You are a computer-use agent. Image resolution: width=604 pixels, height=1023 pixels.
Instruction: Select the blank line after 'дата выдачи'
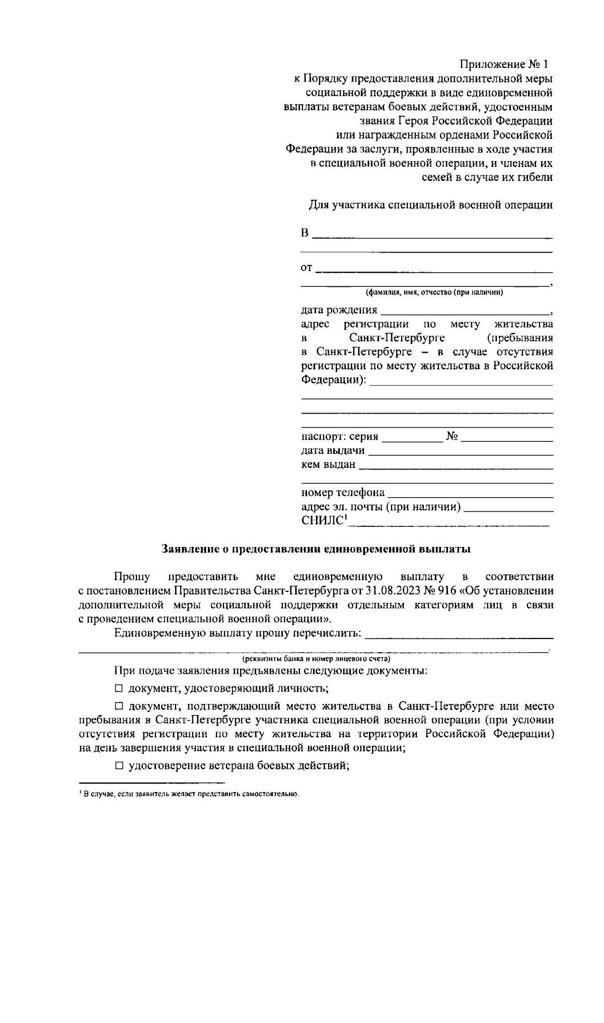coord(461,451)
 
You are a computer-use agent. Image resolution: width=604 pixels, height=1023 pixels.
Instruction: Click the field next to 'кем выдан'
coord(456,465)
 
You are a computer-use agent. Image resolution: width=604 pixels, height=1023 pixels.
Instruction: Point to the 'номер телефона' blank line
coord(471,494)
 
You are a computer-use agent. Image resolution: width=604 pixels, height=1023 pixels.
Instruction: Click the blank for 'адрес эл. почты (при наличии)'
coord(508,508)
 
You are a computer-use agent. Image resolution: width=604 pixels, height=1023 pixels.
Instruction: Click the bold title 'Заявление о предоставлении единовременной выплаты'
coord(316,549)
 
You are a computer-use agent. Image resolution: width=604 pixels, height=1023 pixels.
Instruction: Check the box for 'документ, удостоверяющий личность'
coord(119,688)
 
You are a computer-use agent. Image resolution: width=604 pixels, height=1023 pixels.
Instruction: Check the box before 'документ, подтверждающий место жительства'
coord(119,707)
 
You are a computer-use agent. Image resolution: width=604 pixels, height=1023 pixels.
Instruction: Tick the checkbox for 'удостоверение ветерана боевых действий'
coord(119,766)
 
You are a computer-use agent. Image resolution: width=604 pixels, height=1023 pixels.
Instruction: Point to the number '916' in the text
coord(447,591)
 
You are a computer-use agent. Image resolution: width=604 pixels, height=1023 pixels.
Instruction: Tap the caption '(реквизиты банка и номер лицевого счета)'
coord(316,658)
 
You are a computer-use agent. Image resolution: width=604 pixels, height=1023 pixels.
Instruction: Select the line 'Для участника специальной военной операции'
coord(430,205)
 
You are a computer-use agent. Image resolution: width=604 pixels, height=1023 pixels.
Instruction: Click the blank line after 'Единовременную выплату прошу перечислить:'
coord(458,633)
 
